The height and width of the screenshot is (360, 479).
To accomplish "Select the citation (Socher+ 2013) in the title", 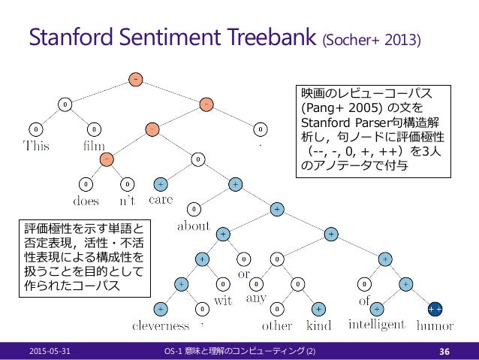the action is click(372, 40).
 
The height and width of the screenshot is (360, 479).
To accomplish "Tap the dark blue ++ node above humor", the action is click(435, 309).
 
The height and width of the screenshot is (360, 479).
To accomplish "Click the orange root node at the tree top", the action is click(136, 80).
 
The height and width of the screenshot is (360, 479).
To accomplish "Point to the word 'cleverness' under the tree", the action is click(161, 325).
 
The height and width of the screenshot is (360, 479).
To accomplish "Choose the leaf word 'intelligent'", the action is click(377, 325).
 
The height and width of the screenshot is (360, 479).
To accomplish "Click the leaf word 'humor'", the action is click(435, 325).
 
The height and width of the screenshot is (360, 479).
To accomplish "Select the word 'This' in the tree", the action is click(36, 145).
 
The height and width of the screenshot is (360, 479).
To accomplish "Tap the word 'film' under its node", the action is click(94, 145).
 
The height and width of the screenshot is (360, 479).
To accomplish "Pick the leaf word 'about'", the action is click(194, 225).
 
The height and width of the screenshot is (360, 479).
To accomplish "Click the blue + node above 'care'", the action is click(161, 184).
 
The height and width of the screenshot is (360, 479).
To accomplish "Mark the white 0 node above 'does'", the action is click(86, 184).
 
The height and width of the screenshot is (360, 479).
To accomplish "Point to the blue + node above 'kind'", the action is click(318, 309).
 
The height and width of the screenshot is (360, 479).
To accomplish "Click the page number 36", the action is click(444, 352).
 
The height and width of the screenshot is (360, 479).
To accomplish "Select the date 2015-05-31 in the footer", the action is click(50, 351).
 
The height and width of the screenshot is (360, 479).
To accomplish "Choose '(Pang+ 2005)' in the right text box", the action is click(342, 108).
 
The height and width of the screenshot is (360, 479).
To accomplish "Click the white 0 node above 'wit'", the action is click(223, 284).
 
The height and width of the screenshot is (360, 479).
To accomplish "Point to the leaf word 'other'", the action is click(277, 325).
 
